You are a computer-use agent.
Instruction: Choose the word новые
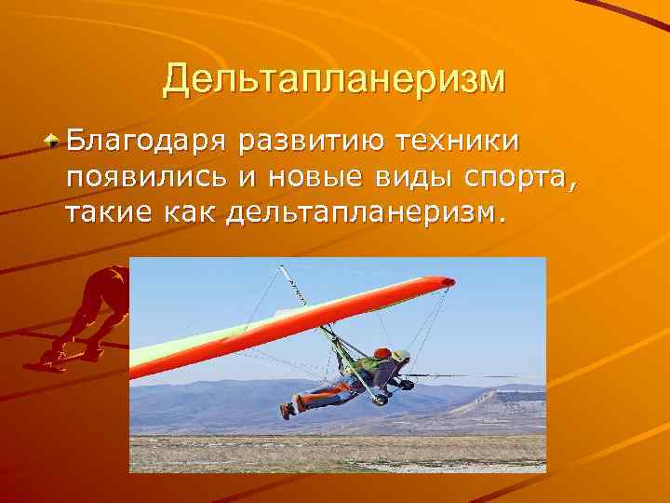pos(309,180)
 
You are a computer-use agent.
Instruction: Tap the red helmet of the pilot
pos(381,354)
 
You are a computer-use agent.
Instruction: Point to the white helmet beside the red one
pos(401,356)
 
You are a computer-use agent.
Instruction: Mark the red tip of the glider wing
pos(448,281)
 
